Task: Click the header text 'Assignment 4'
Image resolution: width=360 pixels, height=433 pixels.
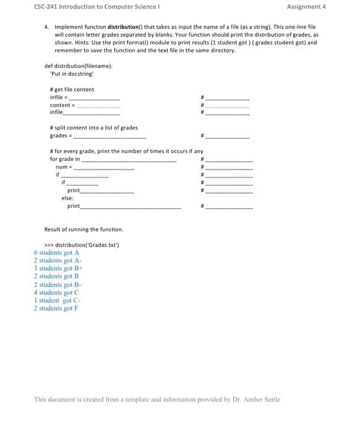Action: click(306, 7)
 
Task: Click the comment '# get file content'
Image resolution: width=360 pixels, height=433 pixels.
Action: click(72, 90)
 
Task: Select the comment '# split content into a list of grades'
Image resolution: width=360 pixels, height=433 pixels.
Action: click(93, 127)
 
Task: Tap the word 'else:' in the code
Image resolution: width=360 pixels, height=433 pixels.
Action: click(67, 198)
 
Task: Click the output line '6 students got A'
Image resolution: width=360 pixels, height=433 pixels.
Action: click(56, 253)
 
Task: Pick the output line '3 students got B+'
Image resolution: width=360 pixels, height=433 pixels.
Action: click(58, 268)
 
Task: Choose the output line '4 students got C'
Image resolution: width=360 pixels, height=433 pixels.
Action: click(56, 293)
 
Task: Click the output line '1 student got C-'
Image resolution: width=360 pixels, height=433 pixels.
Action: click(57, 301)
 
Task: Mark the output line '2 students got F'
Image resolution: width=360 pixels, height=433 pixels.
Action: click(56, 309)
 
